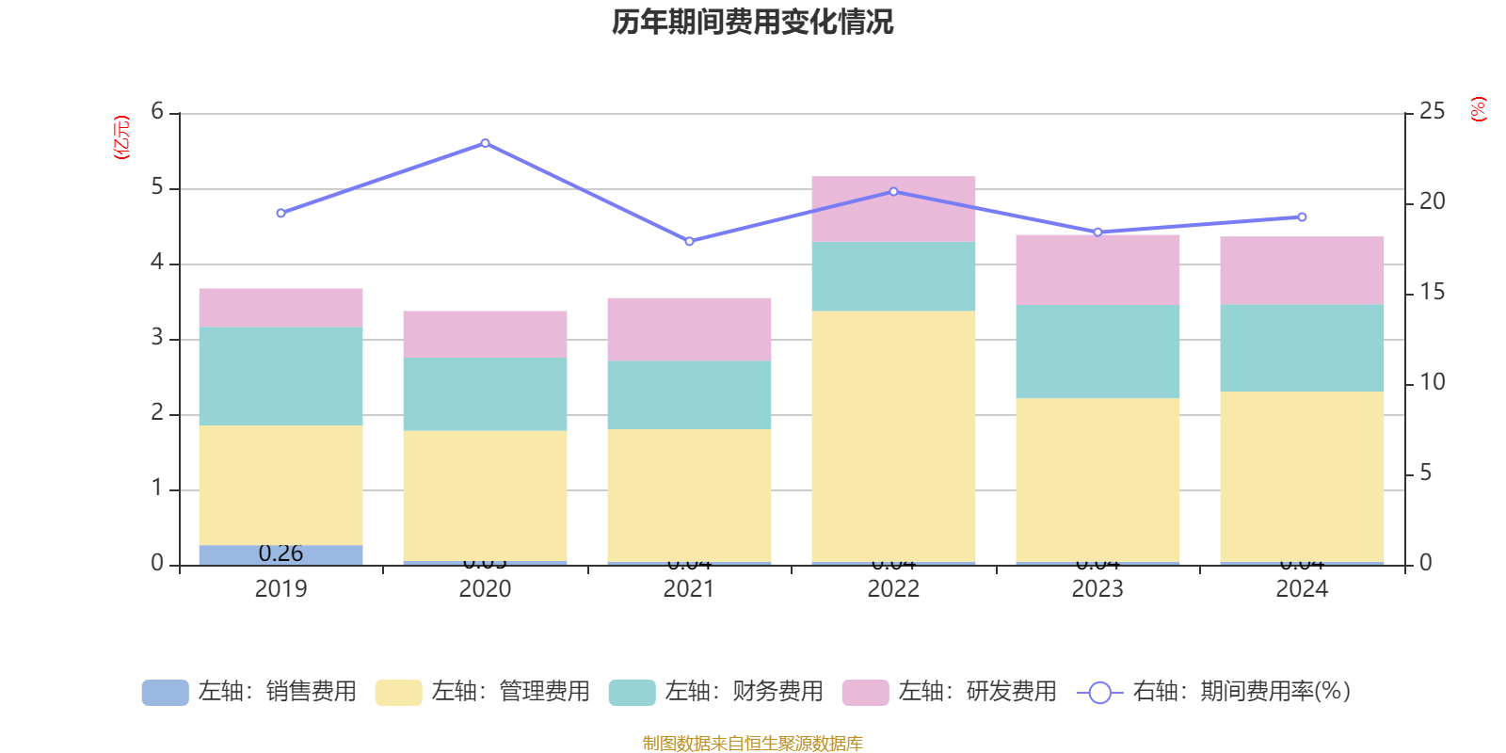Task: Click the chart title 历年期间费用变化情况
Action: click(752, 22)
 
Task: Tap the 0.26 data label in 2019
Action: click(280, 553)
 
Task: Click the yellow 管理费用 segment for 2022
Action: click(893, 437)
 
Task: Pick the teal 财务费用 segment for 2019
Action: click(280, 376)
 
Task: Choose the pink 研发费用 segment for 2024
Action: click(1302, 270)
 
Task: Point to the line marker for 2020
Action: click(485, 143)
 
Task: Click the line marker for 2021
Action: click(689, 242)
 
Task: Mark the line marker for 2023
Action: click(1097, 232)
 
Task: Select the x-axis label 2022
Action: click(893, 589)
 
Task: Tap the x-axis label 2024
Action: click(1302, 589)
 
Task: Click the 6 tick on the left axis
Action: click(157, 112)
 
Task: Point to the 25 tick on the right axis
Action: click(1432, 112)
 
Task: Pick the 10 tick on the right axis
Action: click(1432, 382)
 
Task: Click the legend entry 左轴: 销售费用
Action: click(249, 692)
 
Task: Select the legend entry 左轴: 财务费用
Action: click(716, 692)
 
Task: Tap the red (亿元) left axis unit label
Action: click(121, 137)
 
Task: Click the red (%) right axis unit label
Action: click(1478, 109)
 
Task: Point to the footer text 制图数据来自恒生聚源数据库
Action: click(752, 744)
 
